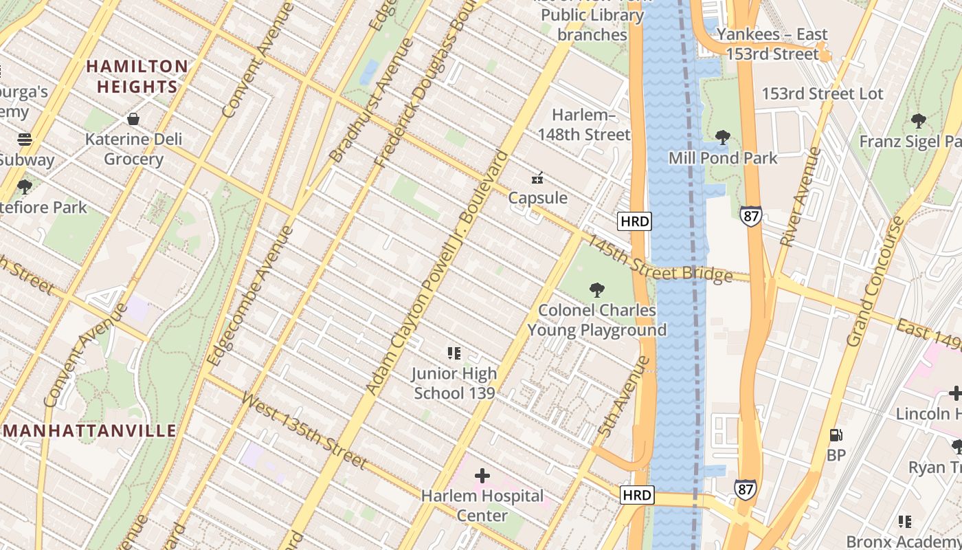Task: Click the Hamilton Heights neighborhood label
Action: (137, 76)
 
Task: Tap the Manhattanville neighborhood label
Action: (90, 431)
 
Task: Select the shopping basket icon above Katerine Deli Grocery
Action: (133, 119)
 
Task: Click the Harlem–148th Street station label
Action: (583, 124)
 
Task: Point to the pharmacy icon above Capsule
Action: (538, 179)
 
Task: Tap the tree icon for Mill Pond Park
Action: (722, 137)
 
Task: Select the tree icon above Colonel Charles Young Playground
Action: (597, 290)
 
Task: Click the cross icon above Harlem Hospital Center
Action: (482, 475)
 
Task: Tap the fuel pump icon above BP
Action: (836, 435)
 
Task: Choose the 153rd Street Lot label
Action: (822, 93)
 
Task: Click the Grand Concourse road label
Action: (875, 282)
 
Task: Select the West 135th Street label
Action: (304, 430)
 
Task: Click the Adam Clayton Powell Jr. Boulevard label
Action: (438, 274)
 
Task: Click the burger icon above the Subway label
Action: (25, 140)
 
